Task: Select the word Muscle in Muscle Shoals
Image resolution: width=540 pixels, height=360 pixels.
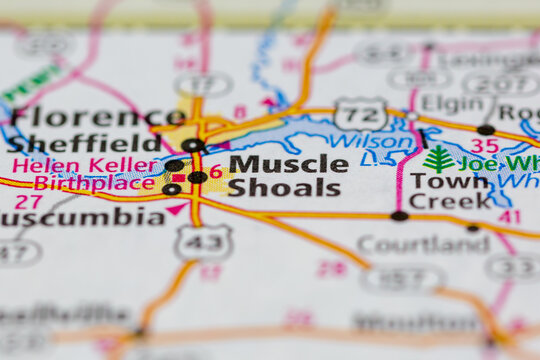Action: pos(288,163)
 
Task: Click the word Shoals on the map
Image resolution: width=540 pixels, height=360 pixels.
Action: pos(284,187)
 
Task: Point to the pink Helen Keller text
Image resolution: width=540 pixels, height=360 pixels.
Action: pos(85,165)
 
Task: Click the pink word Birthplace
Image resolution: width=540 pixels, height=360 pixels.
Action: pos(95,183)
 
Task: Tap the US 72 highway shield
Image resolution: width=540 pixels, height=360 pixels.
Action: pos(359,114)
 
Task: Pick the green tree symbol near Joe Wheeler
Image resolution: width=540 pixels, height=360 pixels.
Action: pos(438,159)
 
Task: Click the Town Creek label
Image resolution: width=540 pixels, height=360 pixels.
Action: pos(451,190)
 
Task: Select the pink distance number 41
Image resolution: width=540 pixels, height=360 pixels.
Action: pos(509,216)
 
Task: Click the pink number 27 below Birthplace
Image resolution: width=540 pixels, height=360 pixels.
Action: pos(28,201)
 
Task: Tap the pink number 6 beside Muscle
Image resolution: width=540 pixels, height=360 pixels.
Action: pos(216,171)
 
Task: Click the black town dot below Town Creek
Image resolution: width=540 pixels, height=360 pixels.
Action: pos(399,215)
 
